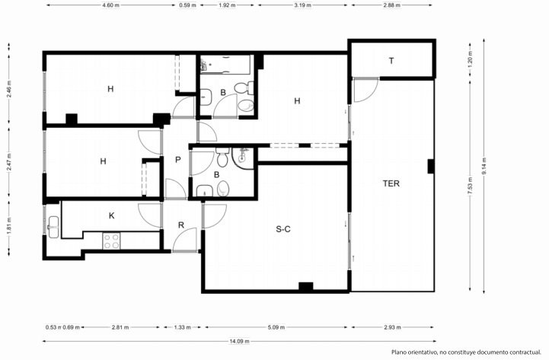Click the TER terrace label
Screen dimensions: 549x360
(x=391, y=183)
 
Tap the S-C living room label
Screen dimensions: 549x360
(x=283, y=230)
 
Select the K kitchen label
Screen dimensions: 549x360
(x=112, y=216)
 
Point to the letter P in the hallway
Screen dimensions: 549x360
(x=178, y=160)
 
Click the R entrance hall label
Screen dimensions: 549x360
(x=181, y=225)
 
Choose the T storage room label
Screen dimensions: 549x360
(x=391, y=61)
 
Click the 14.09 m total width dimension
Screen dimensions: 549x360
(x=240, y=341)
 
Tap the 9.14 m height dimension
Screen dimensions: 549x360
(x=484, y=166)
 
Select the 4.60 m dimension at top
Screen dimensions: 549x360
(x=110, y=5)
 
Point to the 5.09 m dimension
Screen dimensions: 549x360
(x=276, y=327)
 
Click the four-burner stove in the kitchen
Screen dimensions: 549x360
(x=111, y=241)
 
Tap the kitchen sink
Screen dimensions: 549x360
(x=53, y=227)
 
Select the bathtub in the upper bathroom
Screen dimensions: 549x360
(x=225, y=65)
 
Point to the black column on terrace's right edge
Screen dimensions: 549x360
(x=431, y=166)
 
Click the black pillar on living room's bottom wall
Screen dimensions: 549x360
(x=305, y=286)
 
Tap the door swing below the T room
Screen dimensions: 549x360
(x=366, y=91)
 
